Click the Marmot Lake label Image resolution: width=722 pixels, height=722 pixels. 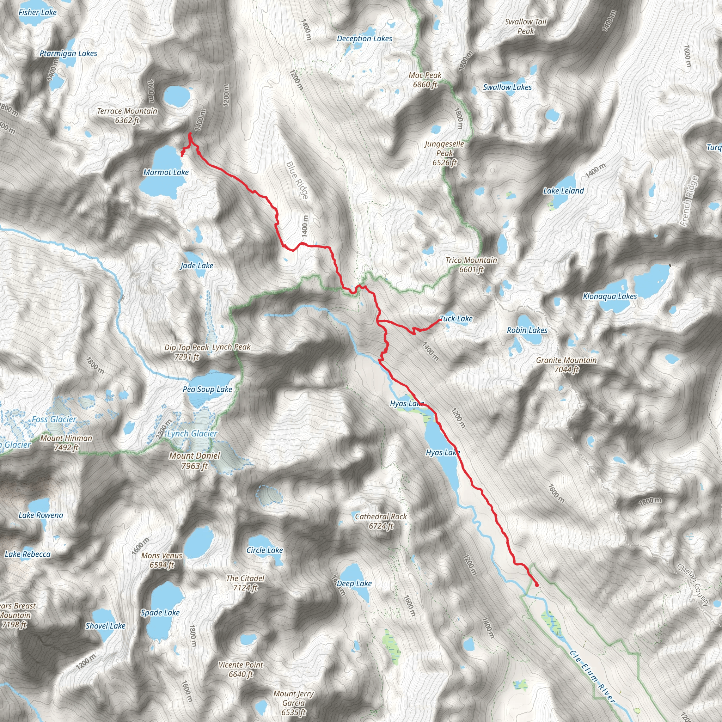[166, 172]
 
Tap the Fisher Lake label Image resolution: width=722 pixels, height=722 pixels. [37, 12]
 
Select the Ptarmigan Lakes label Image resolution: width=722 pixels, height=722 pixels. [68, 54]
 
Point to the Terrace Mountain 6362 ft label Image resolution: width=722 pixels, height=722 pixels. [127, 116]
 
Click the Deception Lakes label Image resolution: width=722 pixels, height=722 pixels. [365, 38]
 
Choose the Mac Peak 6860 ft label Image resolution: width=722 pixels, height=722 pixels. [425, 80]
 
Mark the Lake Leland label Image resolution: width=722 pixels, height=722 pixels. [563, 191]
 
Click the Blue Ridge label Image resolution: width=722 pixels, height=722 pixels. [298, 180]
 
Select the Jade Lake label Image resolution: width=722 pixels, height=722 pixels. [197, 266]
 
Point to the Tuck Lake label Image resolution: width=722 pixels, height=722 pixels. [456, 319]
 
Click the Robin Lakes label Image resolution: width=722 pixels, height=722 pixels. [527, 330]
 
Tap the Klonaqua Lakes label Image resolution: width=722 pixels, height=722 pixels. [610, 296]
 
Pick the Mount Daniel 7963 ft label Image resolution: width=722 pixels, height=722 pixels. [194, 461]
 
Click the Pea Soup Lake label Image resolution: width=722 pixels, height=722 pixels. [207, 390]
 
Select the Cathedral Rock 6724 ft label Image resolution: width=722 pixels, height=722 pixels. [381, 521]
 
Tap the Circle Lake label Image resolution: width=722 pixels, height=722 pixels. [265, 550]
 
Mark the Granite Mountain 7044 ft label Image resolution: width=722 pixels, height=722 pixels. [566, 365]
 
